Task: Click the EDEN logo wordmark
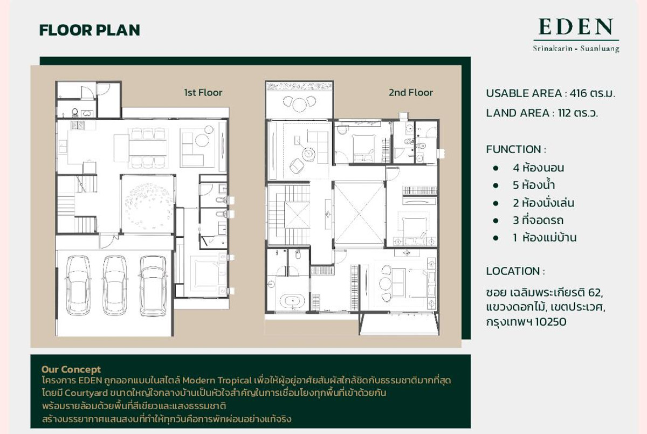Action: [576, 27]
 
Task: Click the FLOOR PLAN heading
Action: [90, 30]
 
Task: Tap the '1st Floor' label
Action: [203, 93]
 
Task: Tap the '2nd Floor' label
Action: [410, 93]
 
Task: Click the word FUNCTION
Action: [513, 149]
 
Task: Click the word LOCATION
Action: [513, 271]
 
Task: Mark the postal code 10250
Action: [550, 322]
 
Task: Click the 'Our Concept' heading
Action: [71, 369]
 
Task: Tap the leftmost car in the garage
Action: [78, 285]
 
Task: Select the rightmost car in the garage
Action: [153, 286]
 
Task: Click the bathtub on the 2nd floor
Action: [292, 301]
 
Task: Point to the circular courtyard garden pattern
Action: [148, 204]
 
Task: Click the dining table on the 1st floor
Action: [148, 148]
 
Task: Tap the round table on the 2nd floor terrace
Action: [299, 105]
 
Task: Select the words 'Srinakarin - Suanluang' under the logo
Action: [576, 48]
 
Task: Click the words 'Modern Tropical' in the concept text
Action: [217, 380]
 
